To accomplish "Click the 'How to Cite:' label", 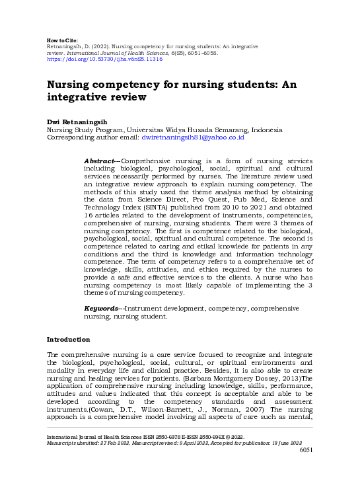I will click(62, 40).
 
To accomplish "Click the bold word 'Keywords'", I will click(102, 309).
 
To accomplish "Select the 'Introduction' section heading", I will click(68, 339).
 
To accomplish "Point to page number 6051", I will click(306, 450).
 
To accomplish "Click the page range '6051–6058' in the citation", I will click(213, 53).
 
